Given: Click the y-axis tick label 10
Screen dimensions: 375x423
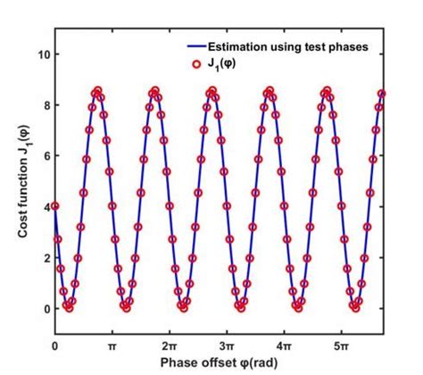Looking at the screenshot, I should click(41, 54).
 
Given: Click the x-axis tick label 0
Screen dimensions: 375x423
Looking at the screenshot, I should click(55, 345).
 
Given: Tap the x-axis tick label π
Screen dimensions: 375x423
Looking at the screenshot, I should click(112, 345).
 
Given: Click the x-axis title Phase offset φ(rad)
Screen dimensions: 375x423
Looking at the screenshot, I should click(220, 362).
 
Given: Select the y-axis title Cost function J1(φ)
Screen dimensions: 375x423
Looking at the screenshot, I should click(21, 183).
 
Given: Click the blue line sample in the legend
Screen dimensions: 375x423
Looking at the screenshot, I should click(197, 46).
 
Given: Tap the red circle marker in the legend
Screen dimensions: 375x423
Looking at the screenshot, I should click(197, 63).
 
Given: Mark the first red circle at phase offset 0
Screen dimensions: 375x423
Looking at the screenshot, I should click(55, 206).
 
